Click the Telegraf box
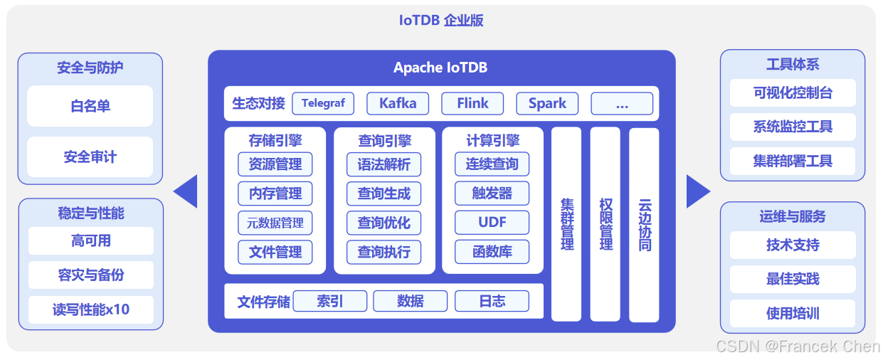323,103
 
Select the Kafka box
398,103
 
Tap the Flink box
472,103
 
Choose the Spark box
547,103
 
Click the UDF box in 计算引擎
492,223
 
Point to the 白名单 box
90,107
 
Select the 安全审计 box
90,157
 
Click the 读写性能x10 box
91,309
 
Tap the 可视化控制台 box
793,93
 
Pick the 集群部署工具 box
793,161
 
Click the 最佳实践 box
793,279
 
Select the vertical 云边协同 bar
644,224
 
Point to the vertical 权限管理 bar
606,224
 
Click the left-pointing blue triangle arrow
187,191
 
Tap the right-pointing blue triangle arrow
697,191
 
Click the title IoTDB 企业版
441,20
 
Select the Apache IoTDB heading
440,68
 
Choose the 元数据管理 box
275,223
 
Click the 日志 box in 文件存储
492,301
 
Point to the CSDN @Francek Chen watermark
798,346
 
